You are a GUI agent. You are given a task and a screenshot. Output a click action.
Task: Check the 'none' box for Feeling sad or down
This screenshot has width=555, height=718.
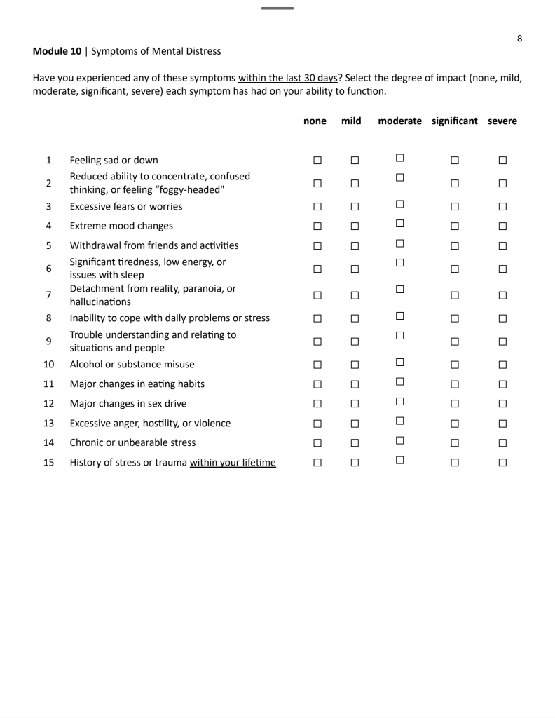(x=317, y=161)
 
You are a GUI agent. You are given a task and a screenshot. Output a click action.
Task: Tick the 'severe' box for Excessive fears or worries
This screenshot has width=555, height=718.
(x=502, y=207)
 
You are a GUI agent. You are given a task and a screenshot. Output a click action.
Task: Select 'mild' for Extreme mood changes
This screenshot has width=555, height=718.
(x=354, y=226)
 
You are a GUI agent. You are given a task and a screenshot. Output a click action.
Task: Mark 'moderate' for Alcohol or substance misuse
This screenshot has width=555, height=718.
(x=400, y=363)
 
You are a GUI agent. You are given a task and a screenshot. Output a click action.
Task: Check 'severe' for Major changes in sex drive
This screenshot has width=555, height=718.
(x=502, y=403)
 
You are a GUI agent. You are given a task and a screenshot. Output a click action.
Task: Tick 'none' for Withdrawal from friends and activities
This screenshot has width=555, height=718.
(x=317, y=246)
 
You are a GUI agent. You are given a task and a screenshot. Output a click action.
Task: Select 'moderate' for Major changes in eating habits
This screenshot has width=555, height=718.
(x=400, y=382)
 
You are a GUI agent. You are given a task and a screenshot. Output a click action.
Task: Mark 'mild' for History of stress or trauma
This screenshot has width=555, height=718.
(x=354, y=462)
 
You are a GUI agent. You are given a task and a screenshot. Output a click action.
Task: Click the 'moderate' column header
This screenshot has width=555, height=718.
(x=399, y=121)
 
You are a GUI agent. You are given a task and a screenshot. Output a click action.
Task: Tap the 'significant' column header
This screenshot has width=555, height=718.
(x=455, y=121)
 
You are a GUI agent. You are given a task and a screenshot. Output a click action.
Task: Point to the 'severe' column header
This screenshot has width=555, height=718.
(x=502, y=121)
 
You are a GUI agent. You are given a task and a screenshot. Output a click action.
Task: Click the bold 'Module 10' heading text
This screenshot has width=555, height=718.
(x=57, y=51)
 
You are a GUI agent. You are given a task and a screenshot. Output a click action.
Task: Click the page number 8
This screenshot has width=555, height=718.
(x=519, y=39)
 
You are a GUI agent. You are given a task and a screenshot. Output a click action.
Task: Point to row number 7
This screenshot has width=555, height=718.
(x=48, y=296)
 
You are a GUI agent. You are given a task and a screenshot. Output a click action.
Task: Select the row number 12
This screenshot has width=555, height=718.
(x=48, y=403)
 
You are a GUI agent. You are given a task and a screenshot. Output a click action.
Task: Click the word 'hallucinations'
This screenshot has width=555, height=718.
(x=100, y=302)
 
